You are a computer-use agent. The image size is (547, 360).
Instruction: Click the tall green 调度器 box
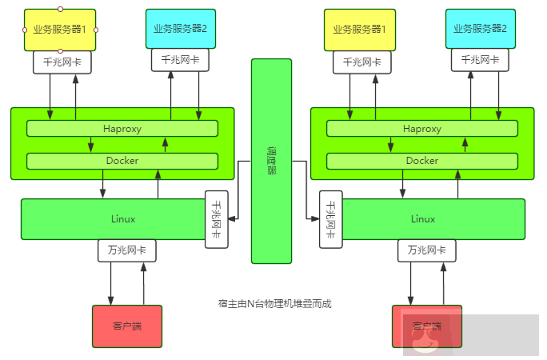pos(271,160)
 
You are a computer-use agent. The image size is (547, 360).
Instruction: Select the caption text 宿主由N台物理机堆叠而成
pos(274,303)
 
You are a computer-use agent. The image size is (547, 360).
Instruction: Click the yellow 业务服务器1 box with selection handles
pos(60,30)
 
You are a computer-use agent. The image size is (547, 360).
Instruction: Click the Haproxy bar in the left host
pos(122,129)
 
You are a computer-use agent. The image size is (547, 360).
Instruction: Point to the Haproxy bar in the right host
pos(422,129)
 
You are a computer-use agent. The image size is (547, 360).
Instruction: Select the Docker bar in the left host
pos(122,161)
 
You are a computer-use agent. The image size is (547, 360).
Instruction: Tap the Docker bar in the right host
pos(422,161)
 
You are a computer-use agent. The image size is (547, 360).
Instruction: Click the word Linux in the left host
pos(123,219)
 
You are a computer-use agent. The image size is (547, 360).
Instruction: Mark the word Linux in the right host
pos(423,219)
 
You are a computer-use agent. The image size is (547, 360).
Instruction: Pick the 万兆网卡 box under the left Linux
pos(126,250)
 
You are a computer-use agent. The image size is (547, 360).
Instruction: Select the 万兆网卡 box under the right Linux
pos(427,250)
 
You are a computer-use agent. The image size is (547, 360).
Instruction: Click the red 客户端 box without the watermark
pos(126,326)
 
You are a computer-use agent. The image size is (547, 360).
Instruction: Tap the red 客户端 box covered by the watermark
pos(427,326)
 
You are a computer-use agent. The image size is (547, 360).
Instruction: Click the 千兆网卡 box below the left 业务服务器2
pos(183,60)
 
